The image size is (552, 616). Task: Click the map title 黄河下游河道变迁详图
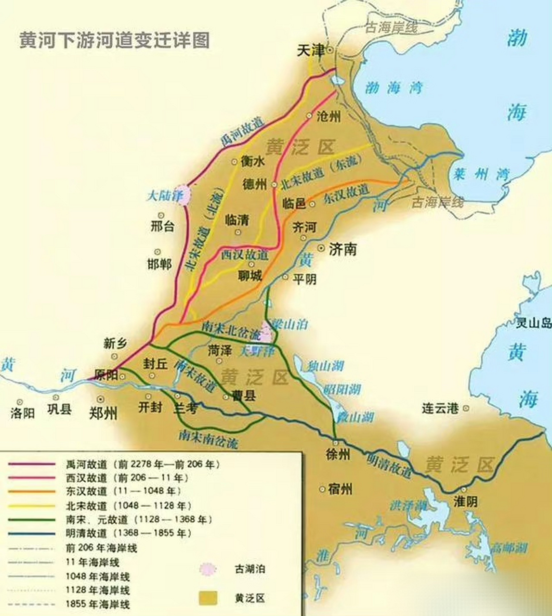point(114,40)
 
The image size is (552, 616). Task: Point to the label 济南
point(342,249)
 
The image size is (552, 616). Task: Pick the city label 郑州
point(104,412)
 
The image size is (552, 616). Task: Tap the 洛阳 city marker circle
point(20,401)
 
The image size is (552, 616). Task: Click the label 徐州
point(337,455)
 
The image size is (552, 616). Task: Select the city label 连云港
point(439,409)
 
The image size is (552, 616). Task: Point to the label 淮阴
point(465,501)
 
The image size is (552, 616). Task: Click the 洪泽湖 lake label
point(409,505)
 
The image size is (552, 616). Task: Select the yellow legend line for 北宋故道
point(32,506)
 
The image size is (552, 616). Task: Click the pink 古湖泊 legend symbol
point(208,569)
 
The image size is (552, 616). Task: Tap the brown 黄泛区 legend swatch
point(208,598)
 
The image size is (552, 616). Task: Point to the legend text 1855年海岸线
point(98,604)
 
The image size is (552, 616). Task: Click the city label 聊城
point(250,276)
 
